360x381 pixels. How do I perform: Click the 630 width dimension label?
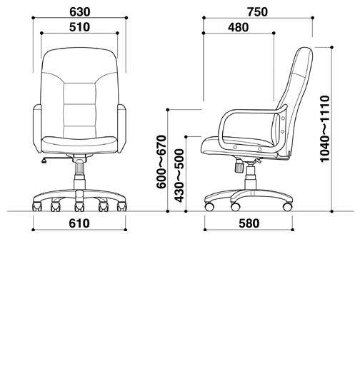click(x=80, y=12)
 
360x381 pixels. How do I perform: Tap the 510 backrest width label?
click(x=79, y=27)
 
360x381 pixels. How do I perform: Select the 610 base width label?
click(x=79, y=223)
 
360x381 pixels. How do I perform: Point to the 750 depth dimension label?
click(x=258, y=12)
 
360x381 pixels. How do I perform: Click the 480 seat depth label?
click(x=239, y=27)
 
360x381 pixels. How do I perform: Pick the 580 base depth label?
click(x=249, y=223)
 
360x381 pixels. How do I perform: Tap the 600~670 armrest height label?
click(x=161, y=162)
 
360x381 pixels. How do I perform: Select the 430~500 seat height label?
click(x=179, y=176)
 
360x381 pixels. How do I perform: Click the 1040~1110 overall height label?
click(x=325, y=128)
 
